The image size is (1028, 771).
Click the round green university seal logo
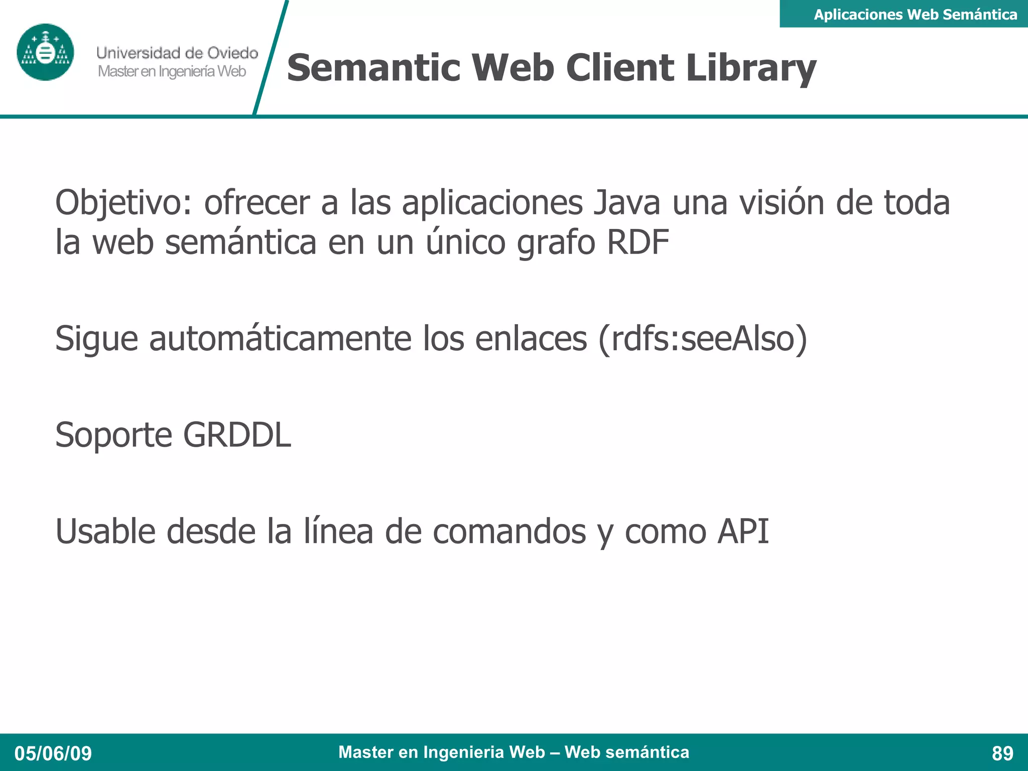45,52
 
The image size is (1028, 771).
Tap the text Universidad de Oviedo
177,53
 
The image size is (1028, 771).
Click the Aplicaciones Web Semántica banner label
915,15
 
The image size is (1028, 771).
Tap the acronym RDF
637,242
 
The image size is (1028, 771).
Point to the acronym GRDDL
237,435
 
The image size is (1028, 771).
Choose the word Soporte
113,435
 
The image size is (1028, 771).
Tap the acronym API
743,531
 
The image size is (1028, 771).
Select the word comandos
509,531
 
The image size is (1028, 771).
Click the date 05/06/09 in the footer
53,753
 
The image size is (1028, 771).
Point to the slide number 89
1002,753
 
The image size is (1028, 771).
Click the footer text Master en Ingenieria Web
442,752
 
